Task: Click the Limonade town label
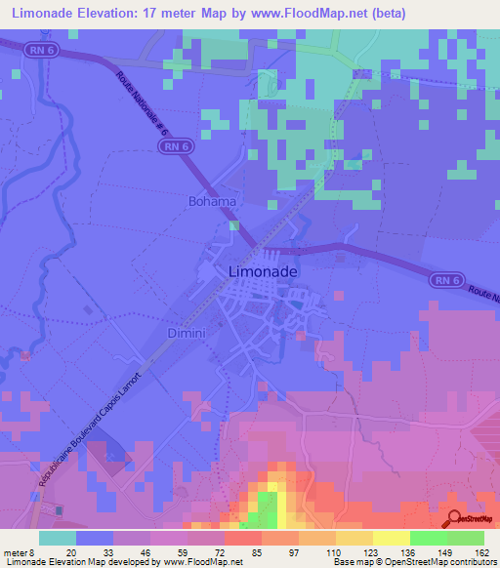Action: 263,272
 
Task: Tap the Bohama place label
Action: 212,202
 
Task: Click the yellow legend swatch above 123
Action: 391,538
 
